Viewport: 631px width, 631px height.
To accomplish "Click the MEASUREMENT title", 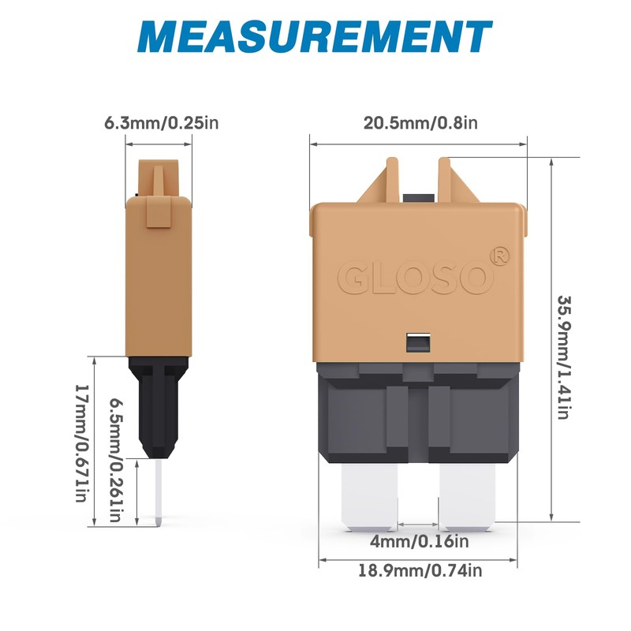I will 315,37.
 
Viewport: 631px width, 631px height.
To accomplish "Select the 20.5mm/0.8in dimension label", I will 420,123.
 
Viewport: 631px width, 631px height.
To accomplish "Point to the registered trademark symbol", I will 498,256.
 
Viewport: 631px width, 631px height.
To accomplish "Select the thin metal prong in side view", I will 159,493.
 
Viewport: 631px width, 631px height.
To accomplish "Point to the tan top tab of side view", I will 159,178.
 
